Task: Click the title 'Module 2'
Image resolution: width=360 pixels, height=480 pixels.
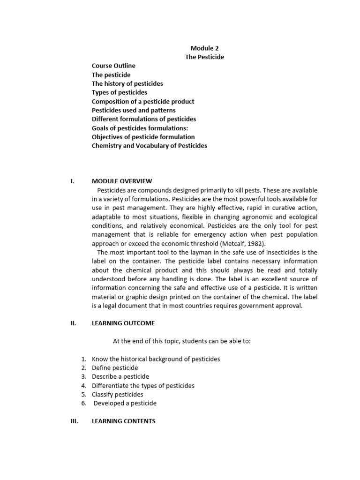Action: click(x=204, y=48)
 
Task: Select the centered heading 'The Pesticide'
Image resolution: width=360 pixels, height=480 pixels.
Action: click(x=204, y=57)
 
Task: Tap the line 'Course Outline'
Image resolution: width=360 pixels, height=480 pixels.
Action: click(x=113, y=66)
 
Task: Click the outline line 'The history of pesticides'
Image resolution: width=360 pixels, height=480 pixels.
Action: click(x=127, y=83)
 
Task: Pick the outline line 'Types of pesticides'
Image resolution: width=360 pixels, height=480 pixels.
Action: click(x=120, y=92)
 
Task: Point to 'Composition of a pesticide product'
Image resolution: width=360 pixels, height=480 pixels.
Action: click(x=143, y=101)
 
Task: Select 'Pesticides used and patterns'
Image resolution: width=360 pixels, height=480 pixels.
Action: click(x=134, y=110)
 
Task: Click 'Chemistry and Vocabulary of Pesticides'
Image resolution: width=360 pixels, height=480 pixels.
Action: click(x=150, y=146)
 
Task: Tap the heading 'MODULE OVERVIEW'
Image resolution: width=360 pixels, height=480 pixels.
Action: click(x=122, y=181)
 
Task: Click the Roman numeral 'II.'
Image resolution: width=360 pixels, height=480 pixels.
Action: click(x=73, y=323)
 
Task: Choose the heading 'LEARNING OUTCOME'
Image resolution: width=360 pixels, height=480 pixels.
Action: click(x=123, y=323)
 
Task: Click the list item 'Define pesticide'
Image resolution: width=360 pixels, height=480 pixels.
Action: click(x=115, y=368)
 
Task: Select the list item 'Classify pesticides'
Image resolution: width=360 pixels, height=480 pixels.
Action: click(x=118, y=395)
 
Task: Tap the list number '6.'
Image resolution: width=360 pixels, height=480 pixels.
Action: click(x=84, y=404)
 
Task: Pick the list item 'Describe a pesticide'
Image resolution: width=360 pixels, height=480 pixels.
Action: click(x=120, y=377)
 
